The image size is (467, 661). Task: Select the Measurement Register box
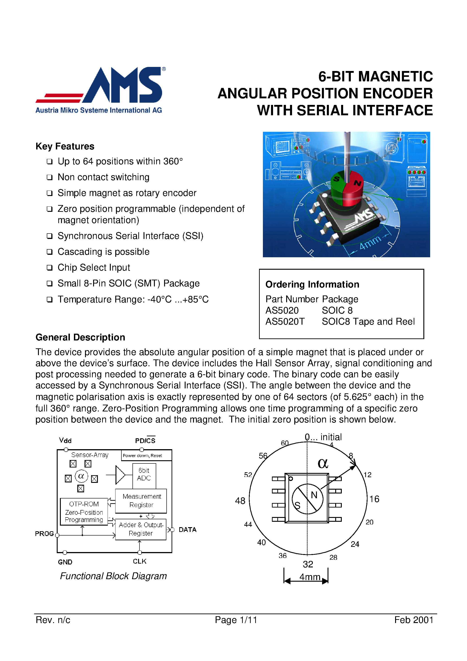141,501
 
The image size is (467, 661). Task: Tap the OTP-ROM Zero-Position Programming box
84,512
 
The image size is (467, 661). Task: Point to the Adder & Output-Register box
141,529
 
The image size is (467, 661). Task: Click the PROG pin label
44,534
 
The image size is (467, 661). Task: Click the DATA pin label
187,530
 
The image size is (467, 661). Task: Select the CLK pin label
140,561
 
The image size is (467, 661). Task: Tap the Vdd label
65,440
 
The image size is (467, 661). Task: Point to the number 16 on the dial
374,499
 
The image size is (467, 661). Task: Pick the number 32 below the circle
308,564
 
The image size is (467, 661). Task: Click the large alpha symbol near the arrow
323,463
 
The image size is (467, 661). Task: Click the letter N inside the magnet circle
314,495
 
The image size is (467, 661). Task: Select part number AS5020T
285,321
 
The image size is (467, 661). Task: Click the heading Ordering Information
312,284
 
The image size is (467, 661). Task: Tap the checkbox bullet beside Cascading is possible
50,252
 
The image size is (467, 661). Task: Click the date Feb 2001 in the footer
413,620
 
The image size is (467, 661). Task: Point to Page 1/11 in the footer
236,620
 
